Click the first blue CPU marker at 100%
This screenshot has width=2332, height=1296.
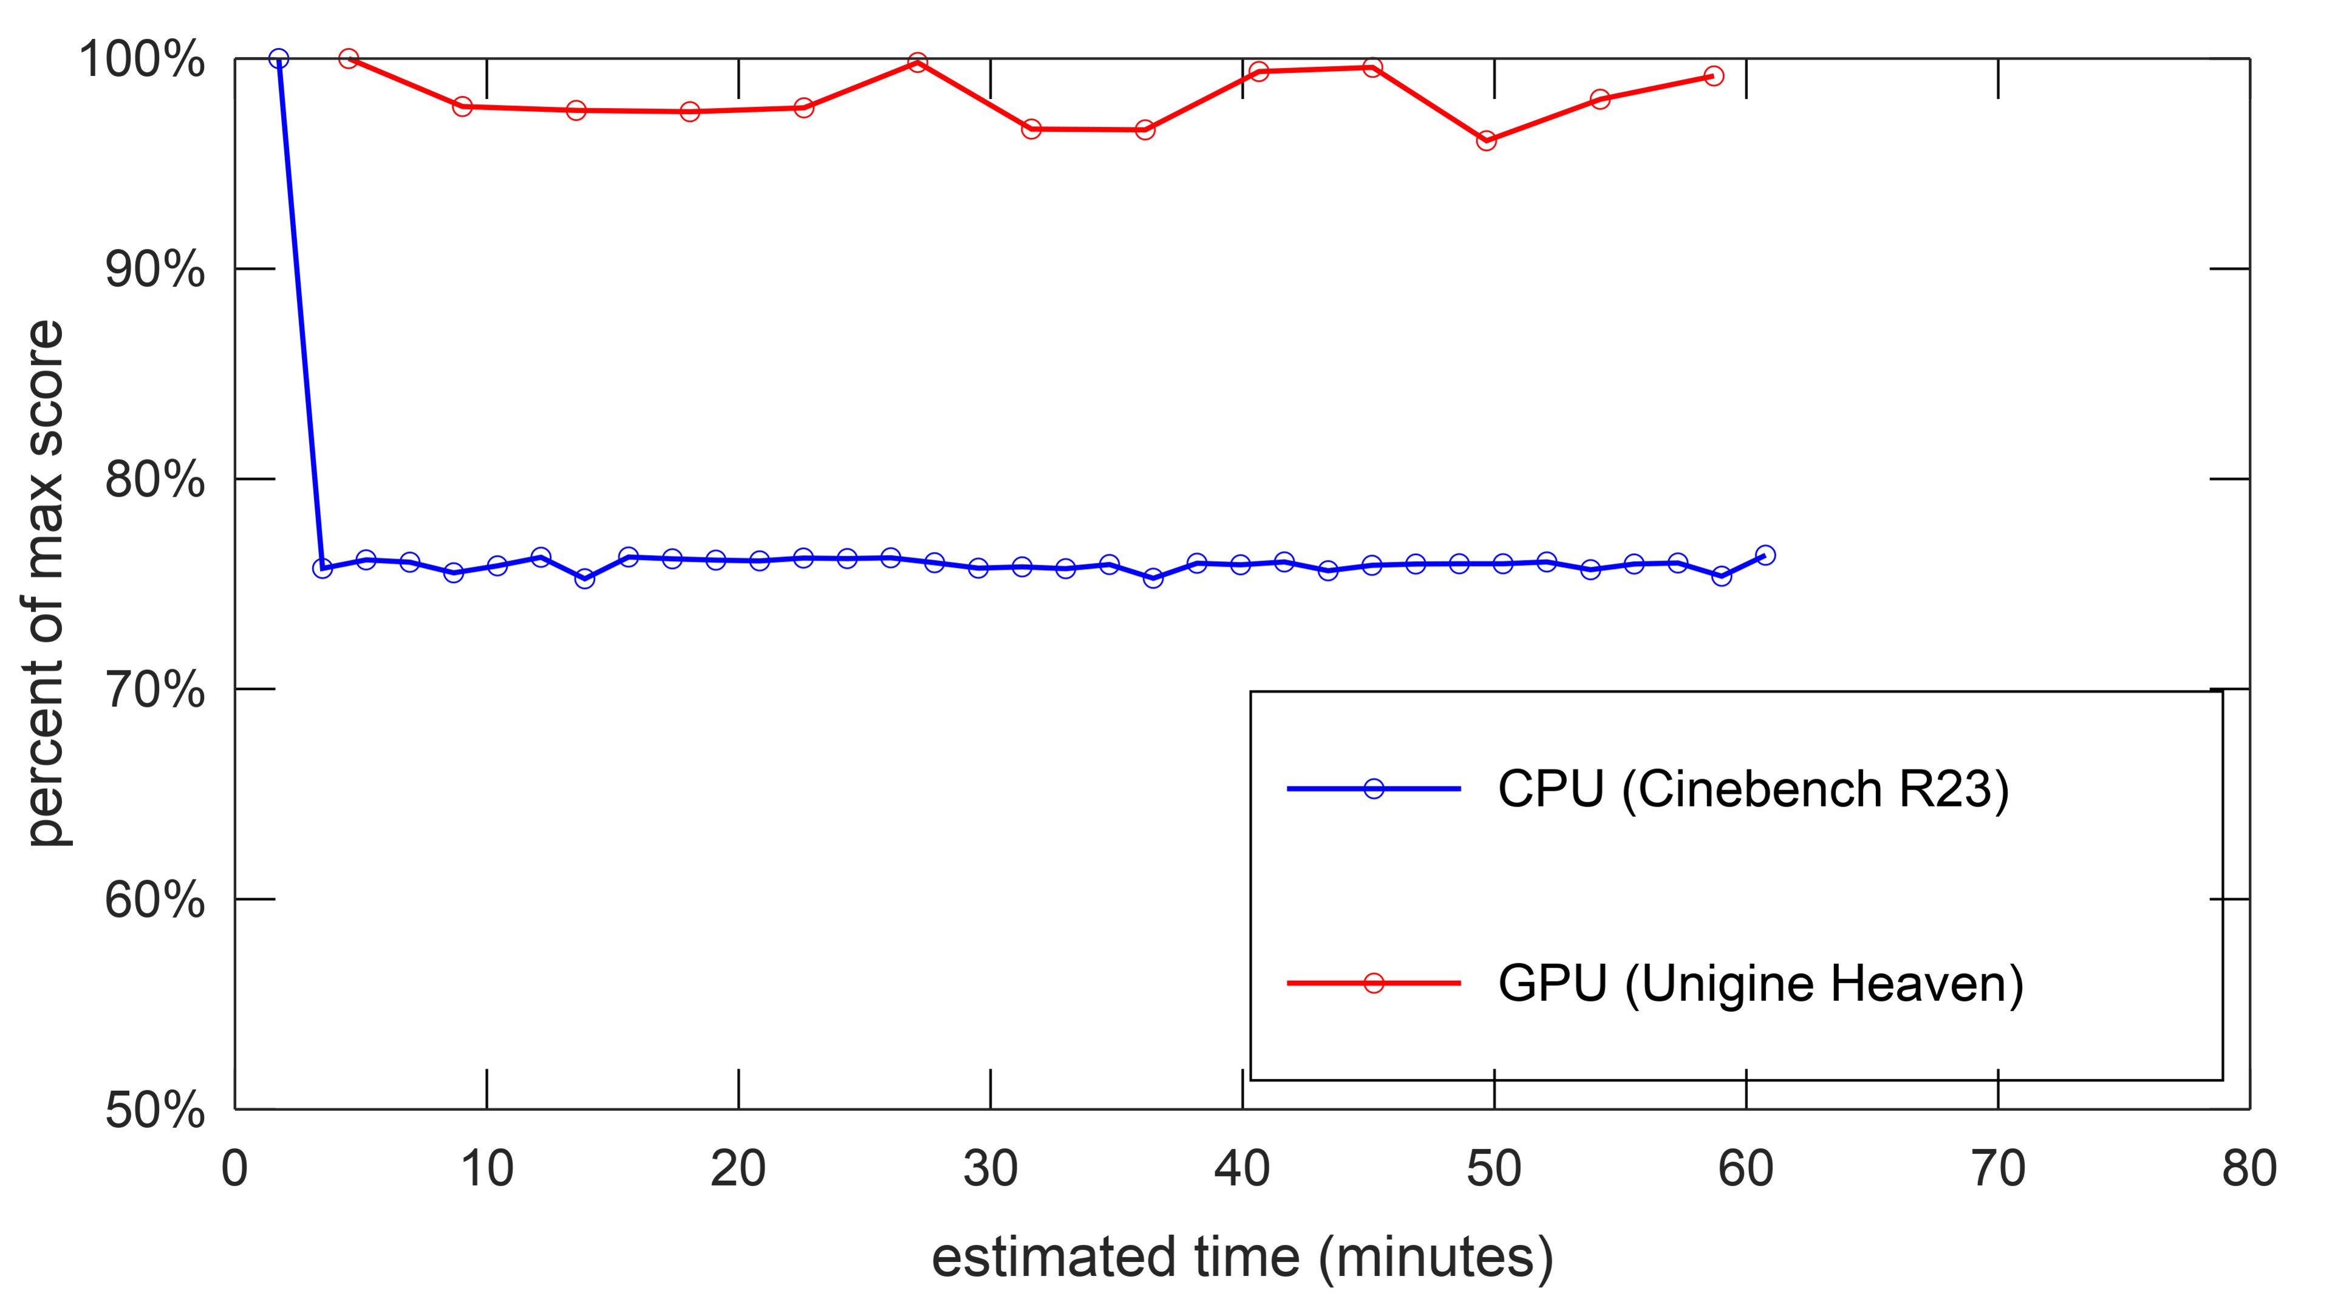coord(279,59)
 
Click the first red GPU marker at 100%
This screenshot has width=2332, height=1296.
coord(349,59)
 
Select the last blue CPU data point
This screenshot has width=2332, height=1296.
coord(1764,555)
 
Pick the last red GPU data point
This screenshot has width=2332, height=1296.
coord(1713,76)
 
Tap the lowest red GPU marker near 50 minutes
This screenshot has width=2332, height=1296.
coord(1485,141)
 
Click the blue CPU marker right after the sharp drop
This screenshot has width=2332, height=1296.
coord(322,568)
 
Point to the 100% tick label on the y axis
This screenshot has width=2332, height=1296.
coord(142,60)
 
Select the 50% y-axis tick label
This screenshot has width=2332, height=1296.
coord(155,1109)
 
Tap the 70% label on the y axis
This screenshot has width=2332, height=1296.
coord(155,690)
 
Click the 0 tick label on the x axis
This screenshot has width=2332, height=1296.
coord(234,1168)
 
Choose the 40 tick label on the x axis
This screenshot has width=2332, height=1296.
coord(1241,1168)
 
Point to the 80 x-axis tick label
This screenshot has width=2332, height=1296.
coord(2249,1168)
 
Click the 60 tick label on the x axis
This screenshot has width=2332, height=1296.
coord(1745,1168)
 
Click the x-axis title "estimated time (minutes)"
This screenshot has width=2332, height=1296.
coord(1242,1257)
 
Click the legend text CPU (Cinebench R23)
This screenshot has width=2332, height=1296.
coord(1753,789)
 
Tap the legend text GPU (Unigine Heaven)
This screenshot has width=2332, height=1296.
coord(1760,984)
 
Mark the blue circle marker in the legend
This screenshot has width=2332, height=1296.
coord(1373,789)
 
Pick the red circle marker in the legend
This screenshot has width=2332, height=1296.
coord(1373,983)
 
